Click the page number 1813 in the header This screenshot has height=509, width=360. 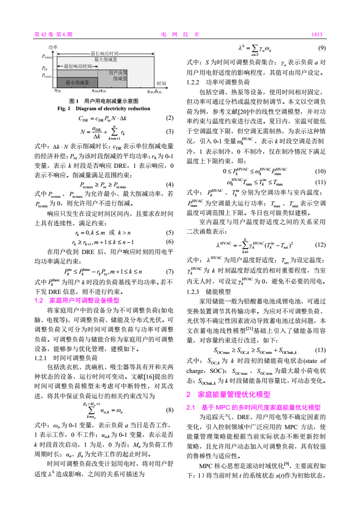coord(316,34)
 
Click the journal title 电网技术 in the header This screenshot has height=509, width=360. coord(180,34)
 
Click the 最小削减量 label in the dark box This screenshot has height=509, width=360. coord(78,83)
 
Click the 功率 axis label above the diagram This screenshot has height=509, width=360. coord(53,47)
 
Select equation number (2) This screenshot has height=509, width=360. coord(170,118)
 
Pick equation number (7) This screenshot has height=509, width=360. coord(170,272)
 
